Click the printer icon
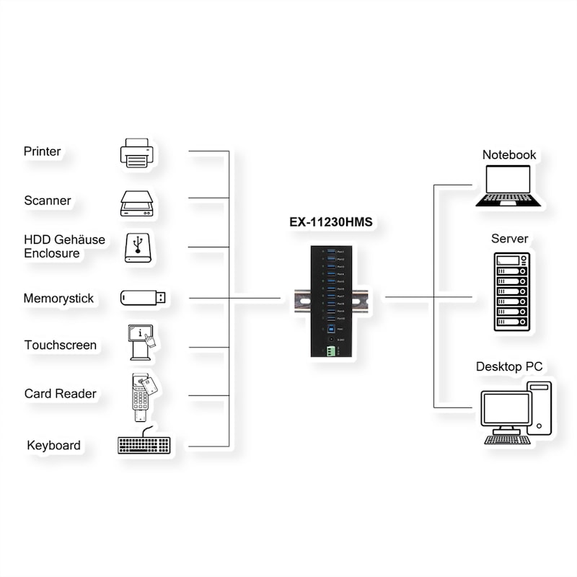click(x=137, y=153)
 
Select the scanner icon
click(x=137, y=203)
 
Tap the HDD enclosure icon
click(x=138, y=247)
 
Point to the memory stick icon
click(x=143, y=297)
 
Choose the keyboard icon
click(x=144, y=443)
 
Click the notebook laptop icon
click(x=508, y=186)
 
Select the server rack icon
click(x=511, y=291)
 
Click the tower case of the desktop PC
click(x=539, y=408)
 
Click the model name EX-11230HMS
click(x=331, y=222)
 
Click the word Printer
click(x=43, y=151)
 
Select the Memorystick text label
click(x=58, y=299)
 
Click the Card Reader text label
click(x=60, y=394)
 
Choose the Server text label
click(x=509, y=239)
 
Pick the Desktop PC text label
click(x=508, y=367)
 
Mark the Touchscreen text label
click(x=60, y=345)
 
